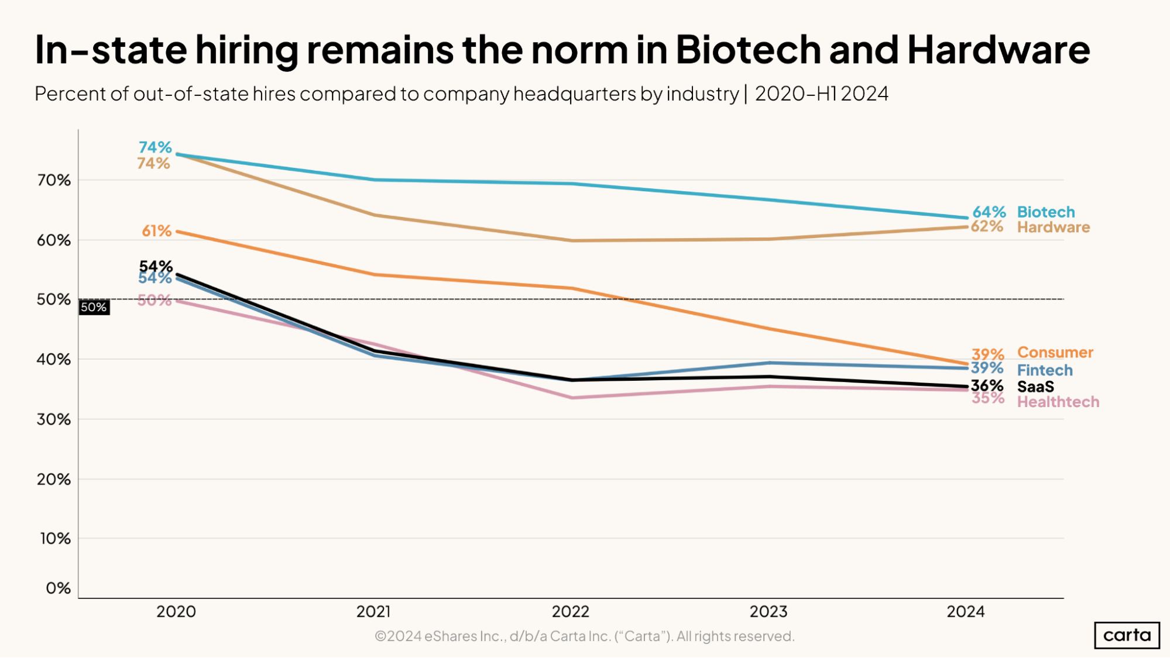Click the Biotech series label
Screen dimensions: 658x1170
[1045, 212]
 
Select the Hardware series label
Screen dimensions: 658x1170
[1053, 227]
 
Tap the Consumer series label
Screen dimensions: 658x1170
[1055, 352]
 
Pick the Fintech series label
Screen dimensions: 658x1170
[1044, 370]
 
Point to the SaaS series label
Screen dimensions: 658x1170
[1035, 387]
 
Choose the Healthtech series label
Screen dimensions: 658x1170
[1058, 402]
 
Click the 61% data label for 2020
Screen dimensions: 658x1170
[156, 231]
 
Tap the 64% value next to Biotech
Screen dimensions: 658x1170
[989, 212]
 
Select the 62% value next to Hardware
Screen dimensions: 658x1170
[987, 226]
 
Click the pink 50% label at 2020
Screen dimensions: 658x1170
[155, 301]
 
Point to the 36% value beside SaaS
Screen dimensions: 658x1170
[987, 385]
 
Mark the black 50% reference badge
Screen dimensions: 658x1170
[94, 307]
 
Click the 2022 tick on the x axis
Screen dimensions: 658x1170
[571, 612]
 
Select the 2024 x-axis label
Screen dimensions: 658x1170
[966, 612]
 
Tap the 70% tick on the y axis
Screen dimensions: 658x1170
[54, 180]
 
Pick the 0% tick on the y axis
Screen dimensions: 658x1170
[58, 588]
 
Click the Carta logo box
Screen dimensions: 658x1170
[1126, 635]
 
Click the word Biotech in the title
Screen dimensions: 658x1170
[748, 50]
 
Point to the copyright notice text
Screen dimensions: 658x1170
[584, 636]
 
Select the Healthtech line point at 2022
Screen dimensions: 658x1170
[572, 398]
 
